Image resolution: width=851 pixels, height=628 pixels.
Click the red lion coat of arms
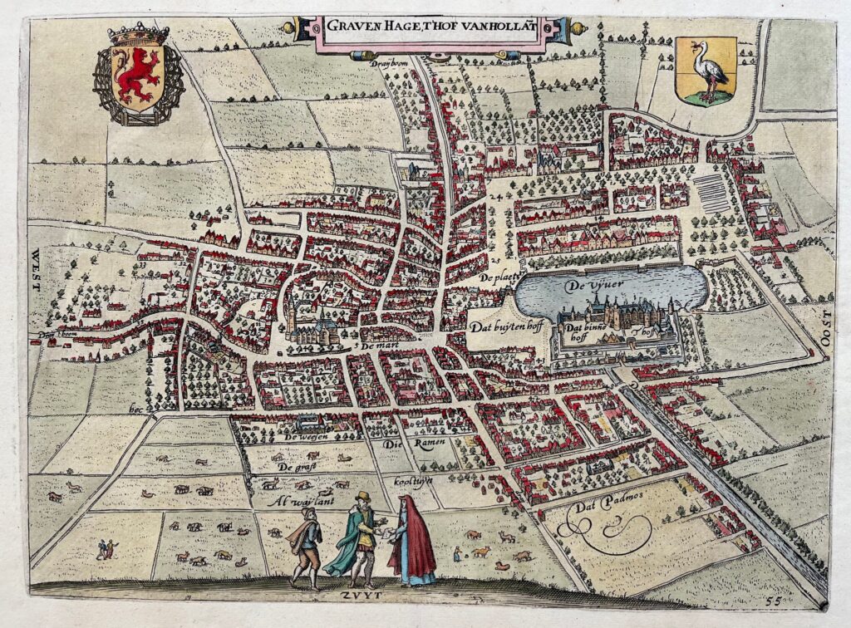[x=137, y=75]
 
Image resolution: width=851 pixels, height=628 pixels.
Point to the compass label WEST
[x=36, y=269]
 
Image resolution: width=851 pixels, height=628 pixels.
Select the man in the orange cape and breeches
[x=305, y=544]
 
